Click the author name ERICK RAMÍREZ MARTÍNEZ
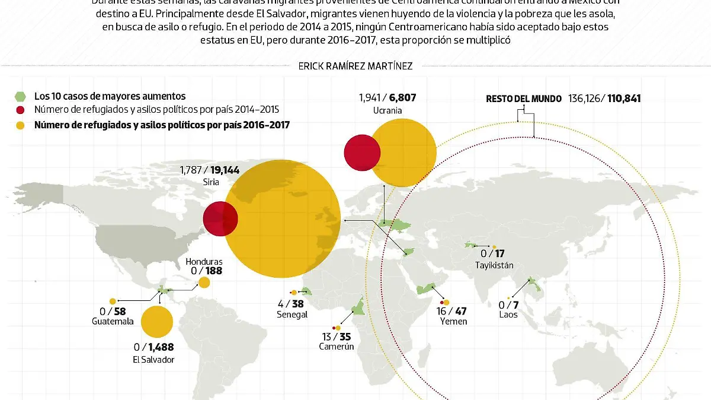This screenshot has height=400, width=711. pos(355,66)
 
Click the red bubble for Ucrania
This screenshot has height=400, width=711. pos(362,153)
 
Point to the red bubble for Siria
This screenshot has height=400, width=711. pos(220,219)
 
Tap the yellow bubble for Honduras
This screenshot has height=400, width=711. pos(204,282)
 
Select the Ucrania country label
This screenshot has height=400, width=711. pos(387,110)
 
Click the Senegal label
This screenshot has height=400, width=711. pos(292,315)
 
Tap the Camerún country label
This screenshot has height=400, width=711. pos(336,346)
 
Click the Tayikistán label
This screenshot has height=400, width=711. pos(494,266)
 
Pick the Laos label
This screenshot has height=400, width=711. pos(508,314)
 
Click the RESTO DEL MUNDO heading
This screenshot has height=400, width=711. pos(524,99)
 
